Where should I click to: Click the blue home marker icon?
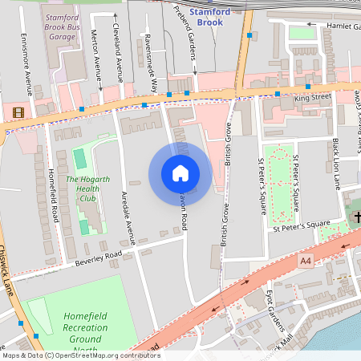pos(180,172)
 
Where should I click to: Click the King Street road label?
pos(313,97)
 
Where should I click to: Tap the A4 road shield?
pos(305,261)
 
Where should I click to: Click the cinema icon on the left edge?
pos(18,112)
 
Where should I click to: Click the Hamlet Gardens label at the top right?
pos(333,26)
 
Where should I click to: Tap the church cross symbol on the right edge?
pos(355,217)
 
